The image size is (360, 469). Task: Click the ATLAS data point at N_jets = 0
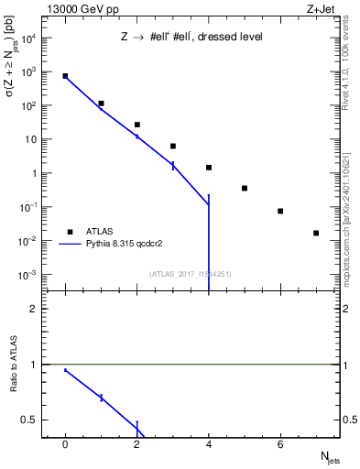tap(65, 76)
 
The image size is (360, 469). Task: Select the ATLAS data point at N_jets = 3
tap(173, 146)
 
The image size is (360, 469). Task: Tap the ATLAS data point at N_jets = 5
tap(245, 188)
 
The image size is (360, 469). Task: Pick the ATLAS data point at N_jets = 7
tap(316, 233)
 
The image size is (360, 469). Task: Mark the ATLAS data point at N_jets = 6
tap(280, 211)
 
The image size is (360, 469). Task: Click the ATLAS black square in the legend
tap(69, 232)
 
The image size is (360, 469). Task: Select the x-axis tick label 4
tap(209, 443)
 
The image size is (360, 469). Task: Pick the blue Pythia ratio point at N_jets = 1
tap(101, 397)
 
